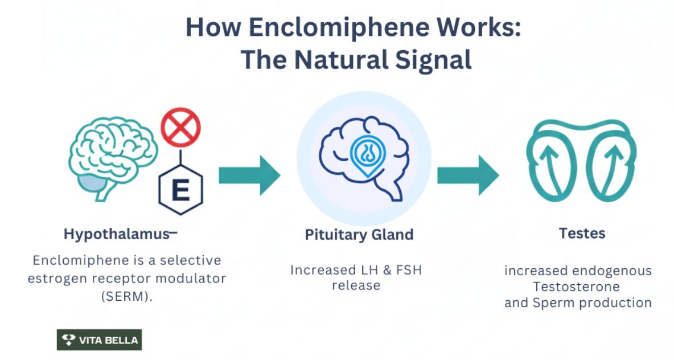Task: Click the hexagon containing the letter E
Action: pos(180,190)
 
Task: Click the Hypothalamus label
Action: pos(117,234)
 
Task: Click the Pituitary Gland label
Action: pos(359,235)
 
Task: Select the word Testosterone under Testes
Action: pos(578,287)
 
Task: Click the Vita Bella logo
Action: pos(100,340)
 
